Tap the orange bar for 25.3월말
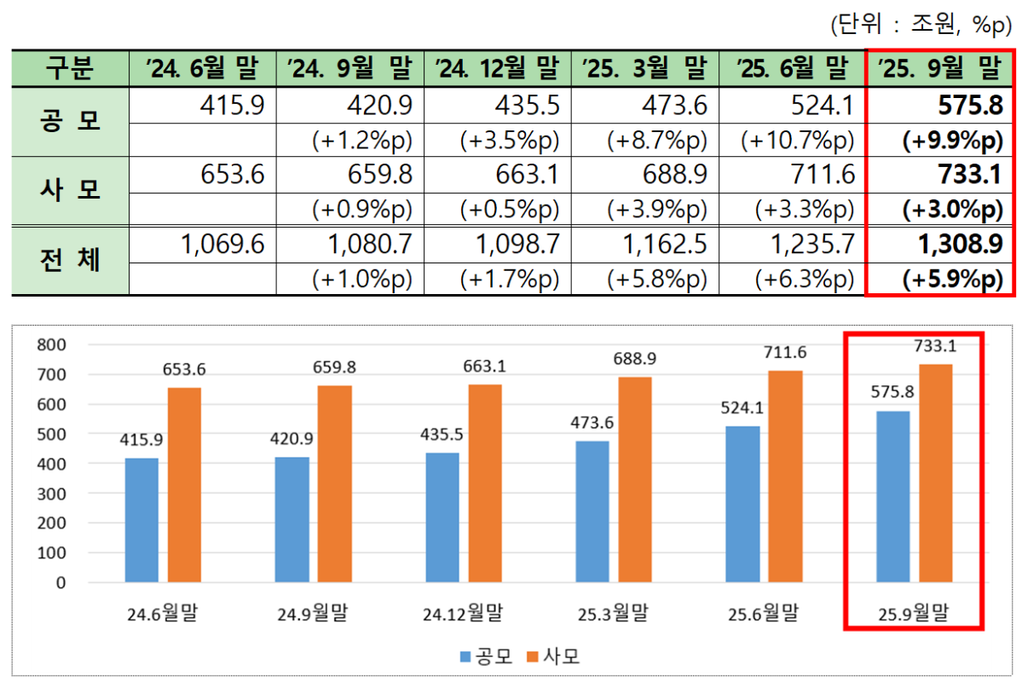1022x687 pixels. (634, 480)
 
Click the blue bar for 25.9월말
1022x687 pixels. (893, 497)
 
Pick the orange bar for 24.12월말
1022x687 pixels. (485, 483)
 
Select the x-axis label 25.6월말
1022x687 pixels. (763, 613)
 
